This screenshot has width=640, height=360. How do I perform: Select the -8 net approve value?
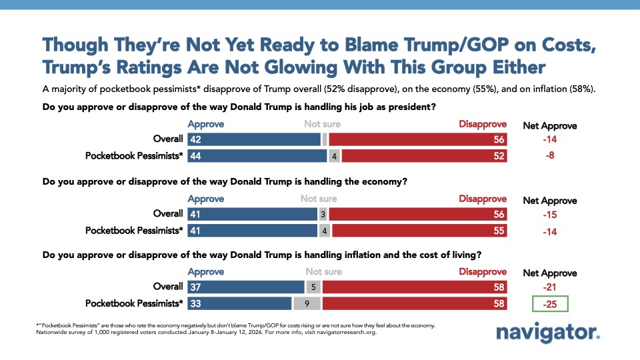click(550, 156)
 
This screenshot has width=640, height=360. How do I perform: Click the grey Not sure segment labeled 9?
click(306, 303)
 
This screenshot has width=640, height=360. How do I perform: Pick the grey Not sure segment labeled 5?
click(313, 287)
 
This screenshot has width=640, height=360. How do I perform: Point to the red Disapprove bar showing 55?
click(419, 231)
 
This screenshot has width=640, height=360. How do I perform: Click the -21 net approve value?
click(550, 287)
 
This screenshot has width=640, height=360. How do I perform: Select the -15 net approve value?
click(550, 215)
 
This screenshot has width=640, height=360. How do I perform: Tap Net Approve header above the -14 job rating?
click(549, 125)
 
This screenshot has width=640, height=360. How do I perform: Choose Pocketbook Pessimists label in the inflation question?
click(134, 303)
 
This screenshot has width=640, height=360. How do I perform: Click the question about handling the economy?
click(225, 181)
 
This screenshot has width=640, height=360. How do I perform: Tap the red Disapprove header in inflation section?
click(483, 272)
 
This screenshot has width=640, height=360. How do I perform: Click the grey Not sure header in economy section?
click(318, 199)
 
